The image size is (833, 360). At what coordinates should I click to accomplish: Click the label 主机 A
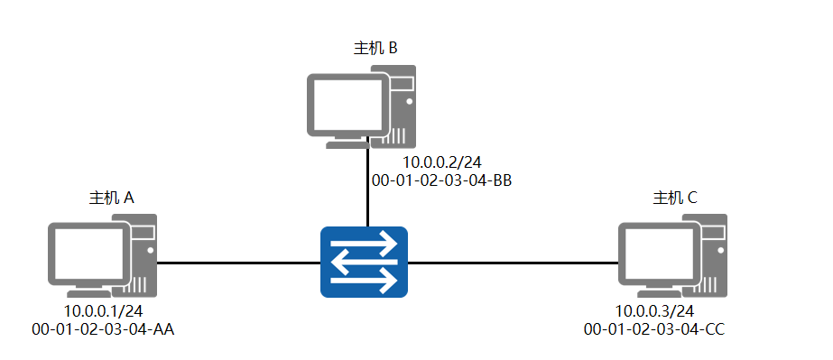click(x=111, y=198)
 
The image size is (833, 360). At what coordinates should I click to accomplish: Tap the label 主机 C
click(x=675, y=198)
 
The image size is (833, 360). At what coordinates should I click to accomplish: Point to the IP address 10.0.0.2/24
click(x=441, y=162)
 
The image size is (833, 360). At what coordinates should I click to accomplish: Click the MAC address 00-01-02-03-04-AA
click(x=102, y=329)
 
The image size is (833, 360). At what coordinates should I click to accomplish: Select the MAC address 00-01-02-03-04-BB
click(x=442, y=180)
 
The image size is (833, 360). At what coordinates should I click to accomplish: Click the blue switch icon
click(x=364, y=263)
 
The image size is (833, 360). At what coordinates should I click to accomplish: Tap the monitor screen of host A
click(x=87, y=254)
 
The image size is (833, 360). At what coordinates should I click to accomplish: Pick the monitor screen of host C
click(x=654, y=254)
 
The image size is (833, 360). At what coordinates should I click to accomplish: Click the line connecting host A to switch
click(x=238, y=263)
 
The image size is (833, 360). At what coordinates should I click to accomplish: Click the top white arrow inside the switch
click(x=365, y=243)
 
